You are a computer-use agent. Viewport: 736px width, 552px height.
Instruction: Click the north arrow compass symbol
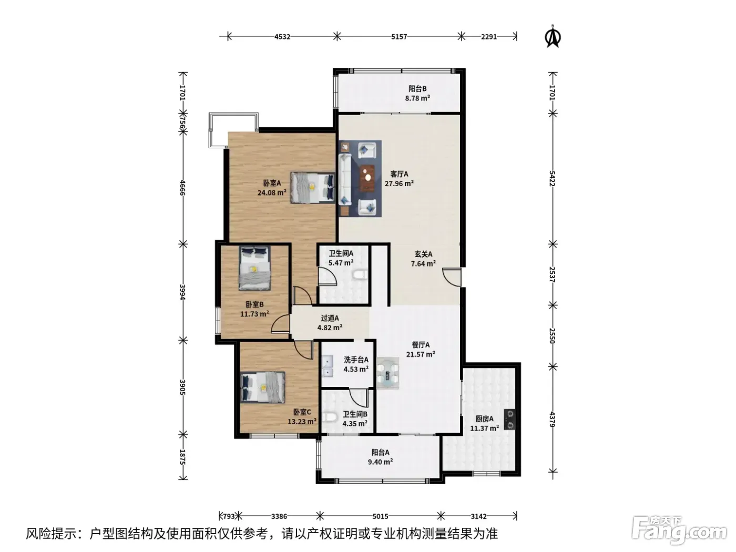(x=553, y=36)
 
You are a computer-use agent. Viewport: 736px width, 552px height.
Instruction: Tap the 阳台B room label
(x=417, y=89)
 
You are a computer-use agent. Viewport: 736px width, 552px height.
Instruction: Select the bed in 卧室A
(x=313, y=188)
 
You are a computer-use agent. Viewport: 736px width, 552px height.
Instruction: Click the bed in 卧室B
(x=254, y=268)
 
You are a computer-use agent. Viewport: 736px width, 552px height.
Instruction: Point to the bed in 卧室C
(x=263, y=387)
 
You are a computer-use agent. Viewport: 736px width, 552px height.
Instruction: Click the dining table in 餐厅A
(x=388, y=373)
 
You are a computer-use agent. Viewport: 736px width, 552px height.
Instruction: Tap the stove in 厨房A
(x=510, y=420)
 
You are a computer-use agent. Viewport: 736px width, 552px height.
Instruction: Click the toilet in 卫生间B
(x=329, y=417)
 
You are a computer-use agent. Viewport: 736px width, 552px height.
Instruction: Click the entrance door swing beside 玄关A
(x=452, y=277)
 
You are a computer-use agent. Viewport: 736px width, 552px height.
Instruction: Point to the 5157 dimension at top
(x=399, y=36)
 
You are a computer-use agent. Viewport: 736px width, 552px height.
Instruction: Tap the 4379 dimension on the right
(x=553, y=420)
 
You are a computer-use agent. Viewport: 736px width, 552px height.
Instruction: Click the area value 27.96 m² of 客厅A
(x=399, y=183)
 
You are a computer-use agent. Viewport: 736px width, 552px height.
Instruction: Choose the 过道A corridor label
(x=330, y=318)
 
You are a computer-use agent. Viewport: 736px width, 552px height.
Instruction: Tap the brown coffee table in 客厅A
(x=367, y=177)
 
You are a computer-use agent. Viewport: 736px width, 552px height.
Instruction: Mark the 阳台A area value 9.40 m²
(x=380, y=462)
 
